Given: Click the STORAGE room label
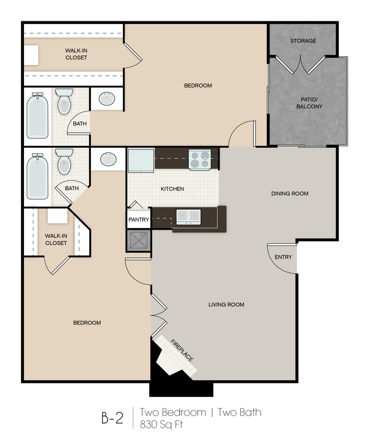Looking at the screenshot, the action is tap(303, 41).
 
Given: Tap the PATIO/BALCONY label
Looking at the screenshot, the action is tap(309, 103).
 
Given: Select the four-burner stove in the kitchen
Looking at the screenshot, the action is tap(200, 159).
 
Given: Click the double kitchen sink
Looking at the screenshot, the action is tap(188, 217).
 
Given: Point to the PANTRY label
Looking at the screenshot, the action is tap(139, 219).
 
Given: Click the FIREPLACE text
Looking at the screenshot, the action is tap(182, 350).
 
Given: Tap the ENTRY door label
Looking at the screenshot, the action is tap(283, 257).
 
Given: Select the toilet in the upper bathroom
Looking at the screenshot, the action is tap(64, 101).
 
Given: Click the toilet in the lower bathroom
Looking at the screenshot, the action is tap(64, 162).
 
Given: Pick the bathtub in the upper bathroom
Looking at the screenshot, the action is tap(38, 115).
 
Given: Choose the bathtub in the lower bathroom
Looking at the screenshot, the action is tap(38, 176).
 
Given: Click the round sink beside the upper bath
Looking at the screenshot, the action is tap(107, 98).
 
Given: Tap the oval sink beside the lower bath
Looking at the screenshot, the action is tap(108, 159).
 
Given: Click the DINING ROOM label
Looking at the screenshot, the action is tap(290, 193).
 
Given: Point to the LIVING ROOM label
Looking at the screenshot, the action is tap(226, 305).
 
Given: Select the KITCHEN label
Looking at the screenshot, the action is tap(173, 189).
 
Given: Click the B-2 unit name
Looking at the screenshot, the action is tap(112, 418).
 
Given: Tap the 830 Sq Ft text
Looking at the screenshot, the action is tap(162, 425).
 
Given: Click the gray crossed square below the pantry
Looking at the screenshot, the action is tap(139, 240).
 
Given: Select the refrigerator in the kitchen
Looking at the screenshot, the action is tap(141, 160).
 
